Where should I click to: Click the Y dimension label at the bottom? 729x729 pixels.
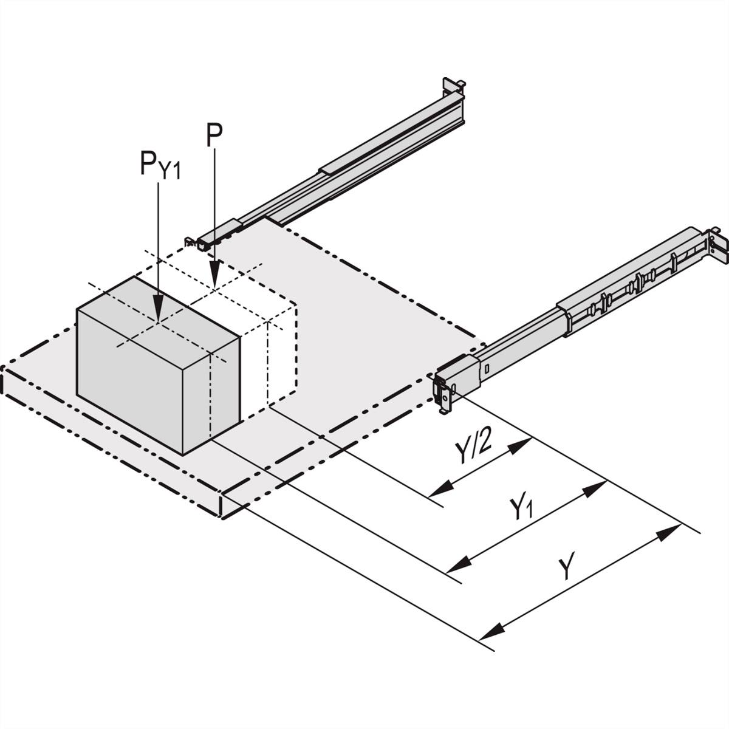(x=566, y=569)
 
